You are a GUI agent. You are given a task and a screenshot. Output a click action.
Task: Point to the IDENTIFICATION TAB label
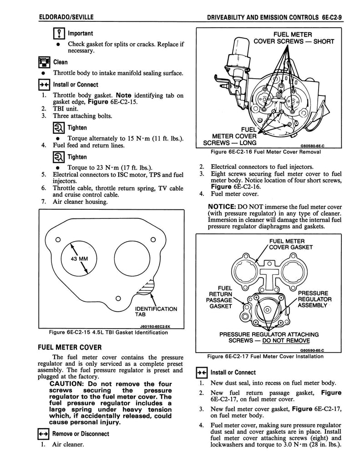[x=157, y=311]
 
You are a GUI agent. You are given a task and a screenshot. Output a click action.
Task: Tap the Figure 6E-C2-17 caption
[x=265, y=356]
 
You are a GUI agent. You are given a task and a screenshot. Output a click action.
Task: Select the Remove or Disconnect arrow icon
[x=45, y=434]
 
